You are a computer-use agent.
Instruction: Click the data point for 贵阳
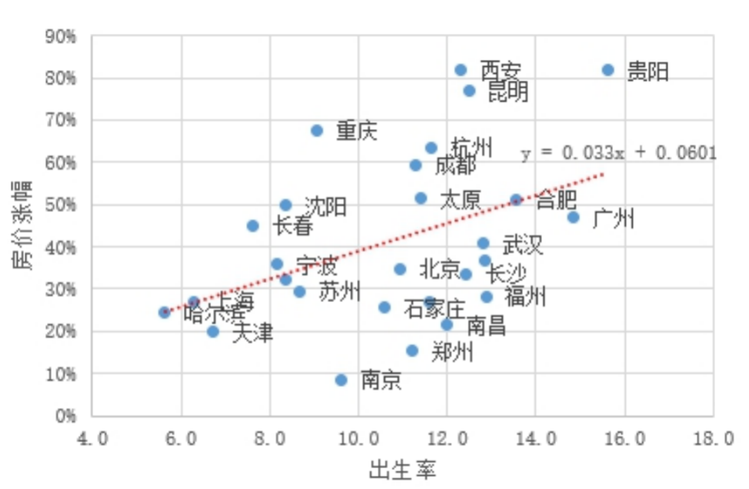(x=608, y=70)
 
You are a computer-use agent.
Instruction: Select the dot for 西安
(x=461, y=70)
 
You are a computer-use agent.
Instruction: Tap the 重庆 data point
(x=317, y=130)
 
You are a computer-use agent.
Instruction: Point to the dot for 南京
(x=341, y=380)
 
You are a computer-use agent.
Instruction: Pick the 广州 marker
(x=573, y=218)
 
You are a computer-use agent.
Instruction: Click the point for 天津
(x=213, y=331)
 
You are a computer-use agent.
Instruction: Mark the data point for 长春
(x=253, y=226)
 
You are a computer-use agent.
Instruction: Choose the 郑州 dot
(x=412, y=351)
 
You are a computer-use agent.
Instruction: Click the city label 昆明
(x=508, y=91)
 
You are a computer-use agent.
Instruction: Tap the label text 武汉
(x=522, y=245)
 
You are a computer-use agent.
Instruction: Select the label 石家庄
(x=434, y=309)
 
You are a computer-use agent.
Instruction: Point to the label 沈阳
(x=325, y=206)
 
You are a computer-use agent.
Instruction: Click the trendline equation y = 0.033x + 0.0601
(x=618, y=153)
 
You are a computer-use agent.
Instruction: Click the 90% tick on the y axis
(x=60, y=36)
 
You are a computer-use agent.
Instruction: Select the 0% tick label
(x=64, y=416)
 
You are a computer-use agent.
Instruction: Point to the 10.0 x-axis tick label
(x=358, y=439)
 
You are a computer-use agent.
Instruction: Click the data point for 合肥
(x=516, y=200)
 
